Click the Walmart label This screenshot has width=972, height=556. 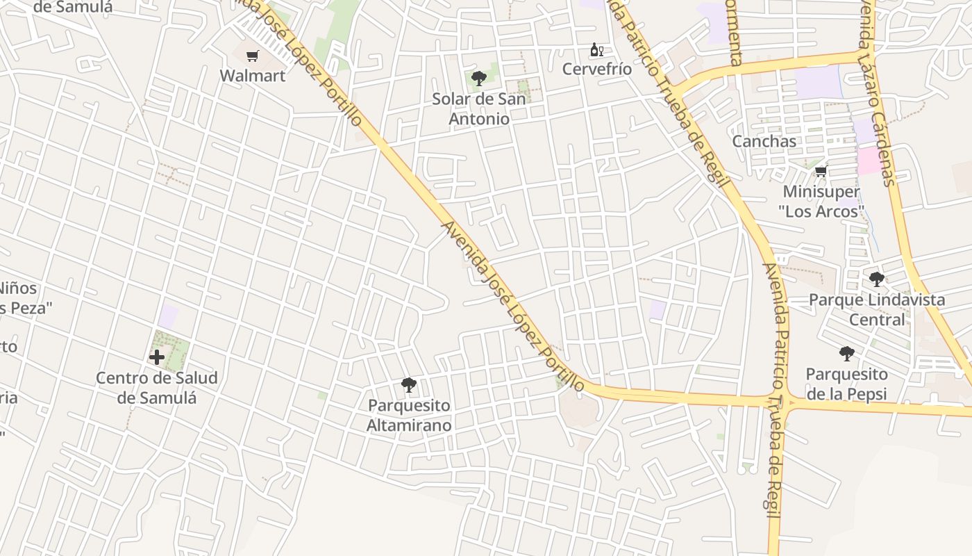click(x=253, y=76)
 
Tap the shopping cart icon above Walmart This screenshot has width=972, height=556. click(x=253, y=56)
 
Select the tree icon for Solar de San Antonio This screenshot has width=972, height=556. click(x=478, y=79)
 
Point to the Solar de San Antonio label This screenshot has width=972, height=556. click(x=479, y=108)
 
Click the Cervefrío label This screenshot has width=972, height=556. click(x=597, y=69)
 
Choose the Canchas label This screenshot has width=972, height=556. click(x=764, y=141)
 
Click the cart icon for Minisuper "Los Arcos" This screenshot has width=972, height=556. click(x=821, y=172)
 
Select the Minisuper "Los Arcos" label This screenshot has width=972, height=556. click(x=821, y=202)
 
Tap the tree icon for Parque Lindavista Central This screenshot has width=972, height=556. click(x=877, y=279)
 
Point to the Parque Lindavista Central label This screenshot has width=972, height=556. click(x=877, y=310)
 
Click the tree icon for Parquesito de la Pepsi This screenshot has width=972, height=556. click(x=846, y=354)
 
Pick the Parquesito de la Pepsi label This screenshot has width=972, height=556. click(x=846, y=384)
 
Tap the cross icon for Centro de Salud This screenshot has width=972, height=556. click(x=157, y=358)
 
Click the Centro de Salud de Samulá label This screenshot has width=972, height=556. click(x=157, y=388)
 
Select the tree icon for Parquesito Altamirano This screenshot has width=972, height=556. click(x=409, y=385)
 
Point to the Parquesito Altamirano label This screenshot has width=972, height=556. click(x=409, y=415)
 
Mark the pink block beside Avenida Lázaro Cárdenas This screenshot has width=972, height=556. click(x=869, y=161)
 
